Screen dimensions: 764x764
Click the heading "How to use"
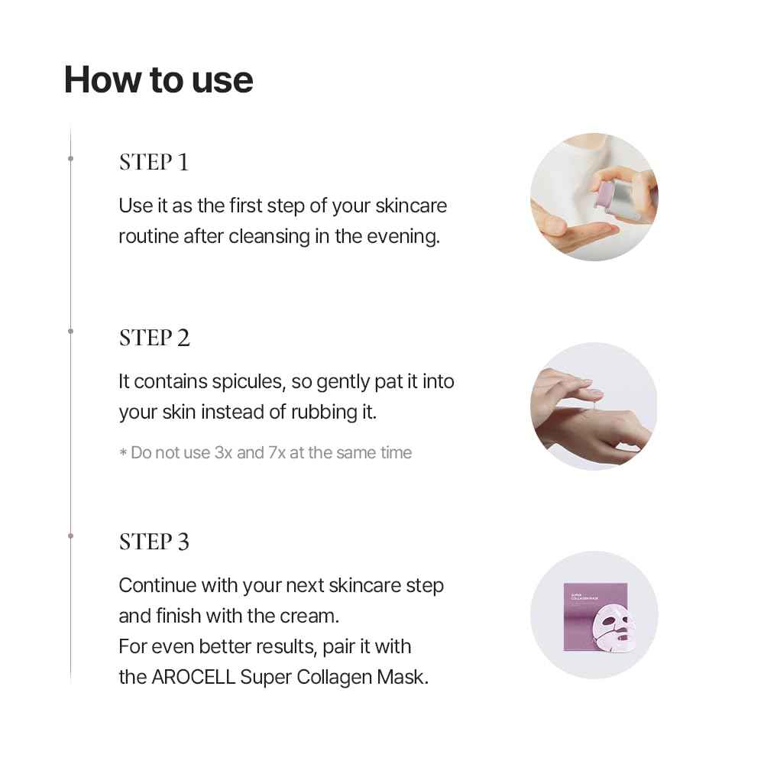158,80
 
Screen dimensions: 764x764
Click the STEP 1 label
154,162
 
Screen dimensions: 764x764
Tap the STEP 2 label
154,338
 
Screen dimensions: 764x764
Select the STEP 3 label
154,542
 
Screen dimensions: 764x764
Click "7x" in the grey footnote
277,452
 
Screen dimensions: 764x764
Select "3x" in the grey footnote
222,452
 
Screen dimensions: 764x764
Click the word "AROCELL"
199,677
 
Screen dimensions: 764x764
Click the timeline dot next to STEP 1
70,158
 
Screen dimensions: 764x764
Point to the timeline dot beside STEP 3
70,536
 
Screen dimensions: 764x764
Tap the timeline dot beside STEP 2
70,331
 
